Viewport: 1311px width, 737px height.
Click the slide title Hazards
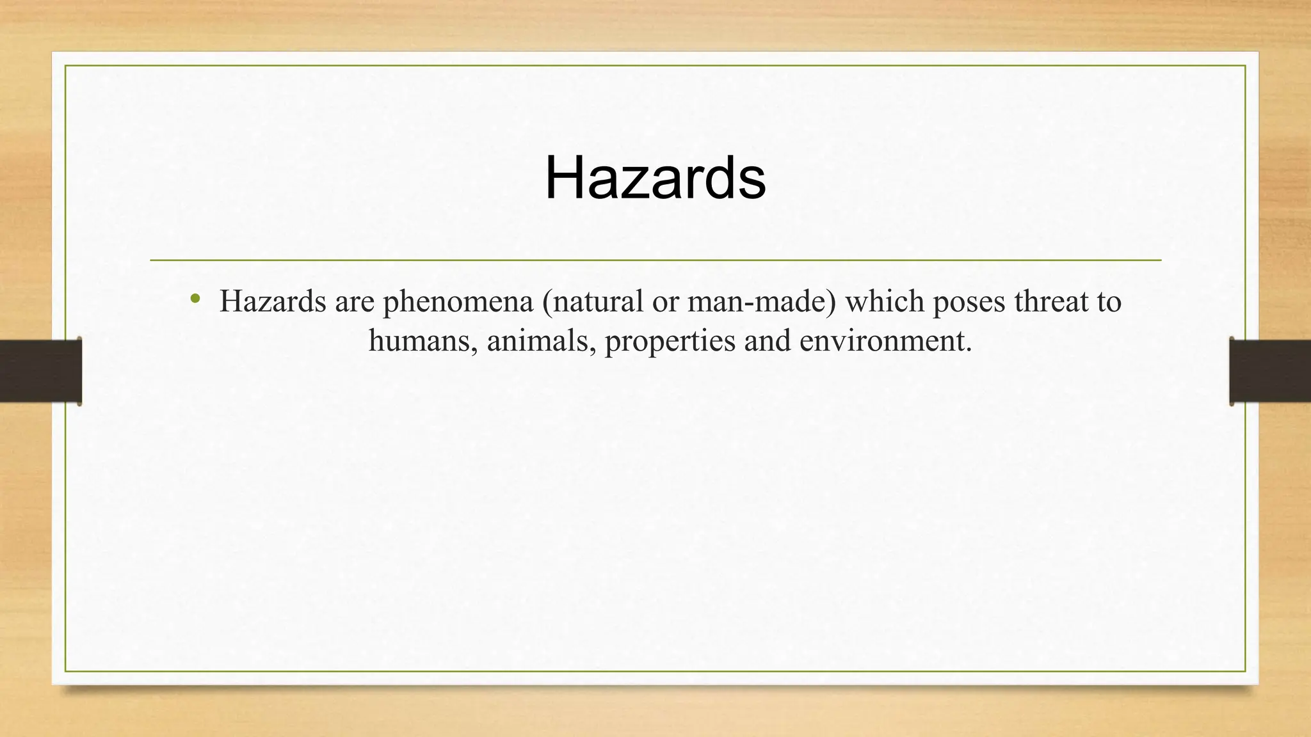coord(655,178)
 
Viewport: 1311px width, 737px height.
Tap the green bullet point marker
coord(196,299)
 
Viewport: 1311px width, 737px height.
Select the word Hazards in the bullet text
coord(273,301)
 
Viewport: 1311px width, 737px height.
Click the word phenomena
coord(458,301)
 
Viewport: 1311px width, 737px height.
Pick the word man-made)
coord(762,301)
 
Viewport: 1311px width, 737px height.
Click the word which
coord(885,301)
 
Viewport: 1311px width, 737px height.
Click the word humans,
coord(423,340)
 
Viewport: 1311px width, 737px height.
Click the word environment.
coord(885,340)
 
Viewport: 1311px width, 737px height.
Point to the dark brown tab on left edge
coord(40,371)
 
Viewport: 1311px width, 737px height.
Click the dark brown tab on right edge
coord(1270,371)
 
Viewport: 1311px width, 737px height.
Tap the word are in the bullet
coord(354,301)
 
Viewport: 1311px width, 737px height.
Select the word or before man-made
coord(665,301)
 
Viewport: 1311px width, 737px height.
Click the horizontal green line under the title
coord(655,260)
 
